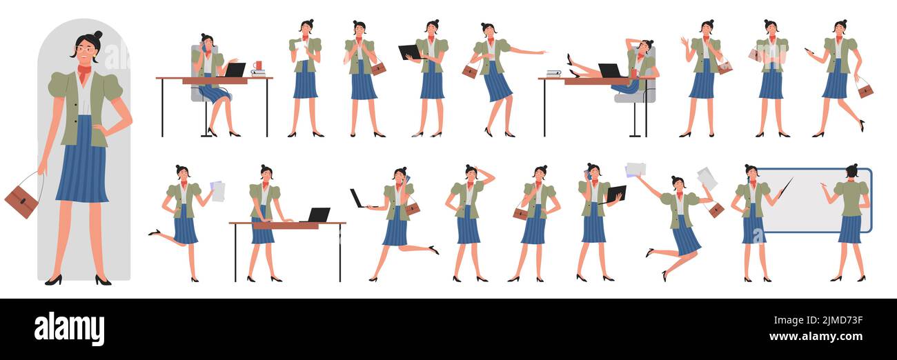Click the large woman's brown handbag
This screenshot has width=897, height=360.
[x=21, y=201]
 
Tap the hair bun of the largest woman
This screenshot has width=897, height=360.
[x=97, y=35]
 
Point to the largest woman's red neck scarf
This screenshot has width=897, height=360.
[x=84, y=71]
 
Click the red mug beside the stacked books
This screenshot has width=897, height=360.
[x=257, y=66]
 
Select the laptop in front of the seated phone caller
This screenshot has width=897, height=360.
[x=235, y=70]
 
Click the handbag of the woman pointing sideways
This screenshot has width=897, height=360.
[x=470, y=71]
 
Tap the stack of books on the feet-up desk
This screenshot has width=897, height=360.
[x=553, y=73]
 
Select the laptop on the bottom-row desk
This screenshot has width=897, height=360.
[x=318, y=214]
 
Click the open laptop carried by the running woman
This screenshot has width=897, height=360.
[x=357, y=199]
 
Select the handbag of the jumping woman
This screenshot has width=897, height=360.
[x=716, y=210]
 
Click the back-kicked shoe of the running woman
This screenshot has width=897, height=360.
[x=433, y=250]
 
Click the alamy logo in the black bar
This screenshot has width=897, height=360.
[x=69, y=328]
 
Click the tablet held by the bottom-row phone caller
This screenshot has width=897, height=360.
[x=616, y=194]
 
